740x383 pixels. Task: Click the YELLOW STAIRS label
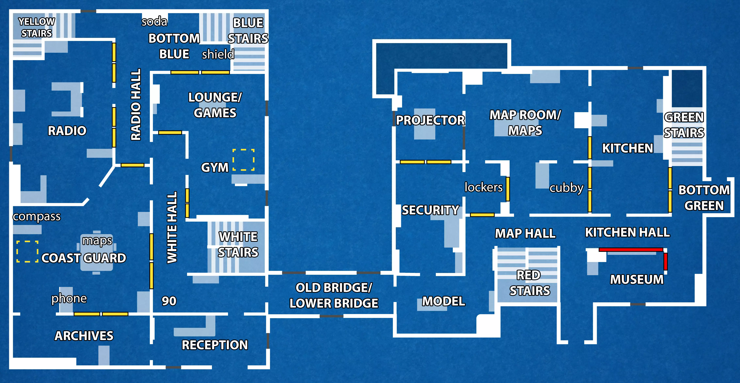tap(36, 27)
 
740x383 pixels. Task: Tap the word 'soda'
tap(154, 22)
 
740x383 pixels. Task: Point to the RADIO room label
tap(67, 131)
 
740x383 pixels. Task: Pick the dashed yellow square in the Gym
tap(243, 160)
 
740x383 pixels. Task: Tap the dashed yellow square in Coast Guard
tap(27, 251)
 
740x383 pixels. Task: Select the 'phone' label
tap(69, 299)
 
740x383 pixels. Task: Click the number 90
tap(169, 301)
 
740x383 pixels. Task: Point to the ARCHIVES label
tap(84, 336)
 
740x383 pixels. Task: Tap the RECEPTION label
tap(215, 345)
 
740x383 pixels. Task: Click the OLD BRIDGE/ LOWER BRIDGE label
tap(334, 295)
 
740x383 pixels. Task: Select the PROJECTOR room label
tap(430, 120)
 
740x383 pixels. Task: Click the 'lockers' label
tap(483, 187)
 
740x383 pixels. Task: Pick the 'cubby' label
tap(566, 188)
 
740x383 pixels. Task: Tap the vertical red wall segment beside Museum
tap(665, 262)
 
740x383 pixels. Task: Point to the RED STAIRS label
tap(529, 283)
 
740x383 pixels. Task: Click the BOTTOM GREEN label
tap(704, 198)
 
